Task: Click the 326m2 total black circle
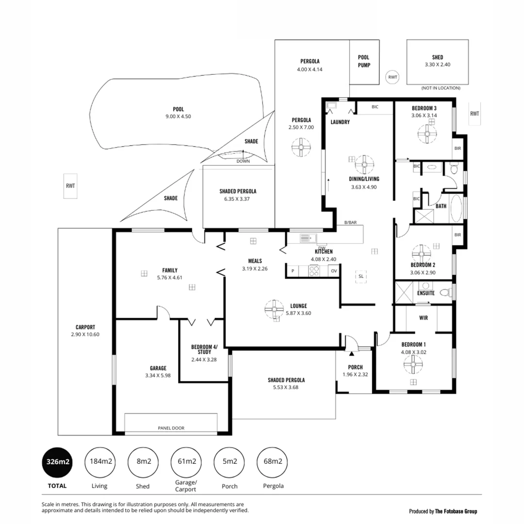click(x=58, y=461)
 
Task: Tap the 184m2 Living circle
click(x=101, y=461)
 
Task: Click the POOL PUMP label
click(x=364, y=61)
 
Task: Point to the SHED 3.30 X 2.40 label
click(x=438, y=60)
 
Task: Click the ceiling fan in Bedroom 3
click(x=427, y=133)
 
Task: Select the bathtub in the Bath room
click(x=457, y=209)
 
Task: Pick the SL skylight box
click(x=360, y=276)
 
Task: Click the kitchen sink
click(x=306, y=238)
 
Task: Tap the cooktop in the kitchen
click(x=314, y=271)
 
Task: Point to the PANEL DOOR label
click(x=171, y=428)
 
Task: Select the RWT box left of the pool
click(x=70, y=186)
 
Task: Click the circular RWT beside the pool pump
click(x=393, y=77)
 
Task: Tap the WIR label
click(x=423, y=319)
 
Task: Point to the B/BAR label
click(x=350, y=222)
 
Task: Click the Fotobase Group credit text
click(x=442, y=511)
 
